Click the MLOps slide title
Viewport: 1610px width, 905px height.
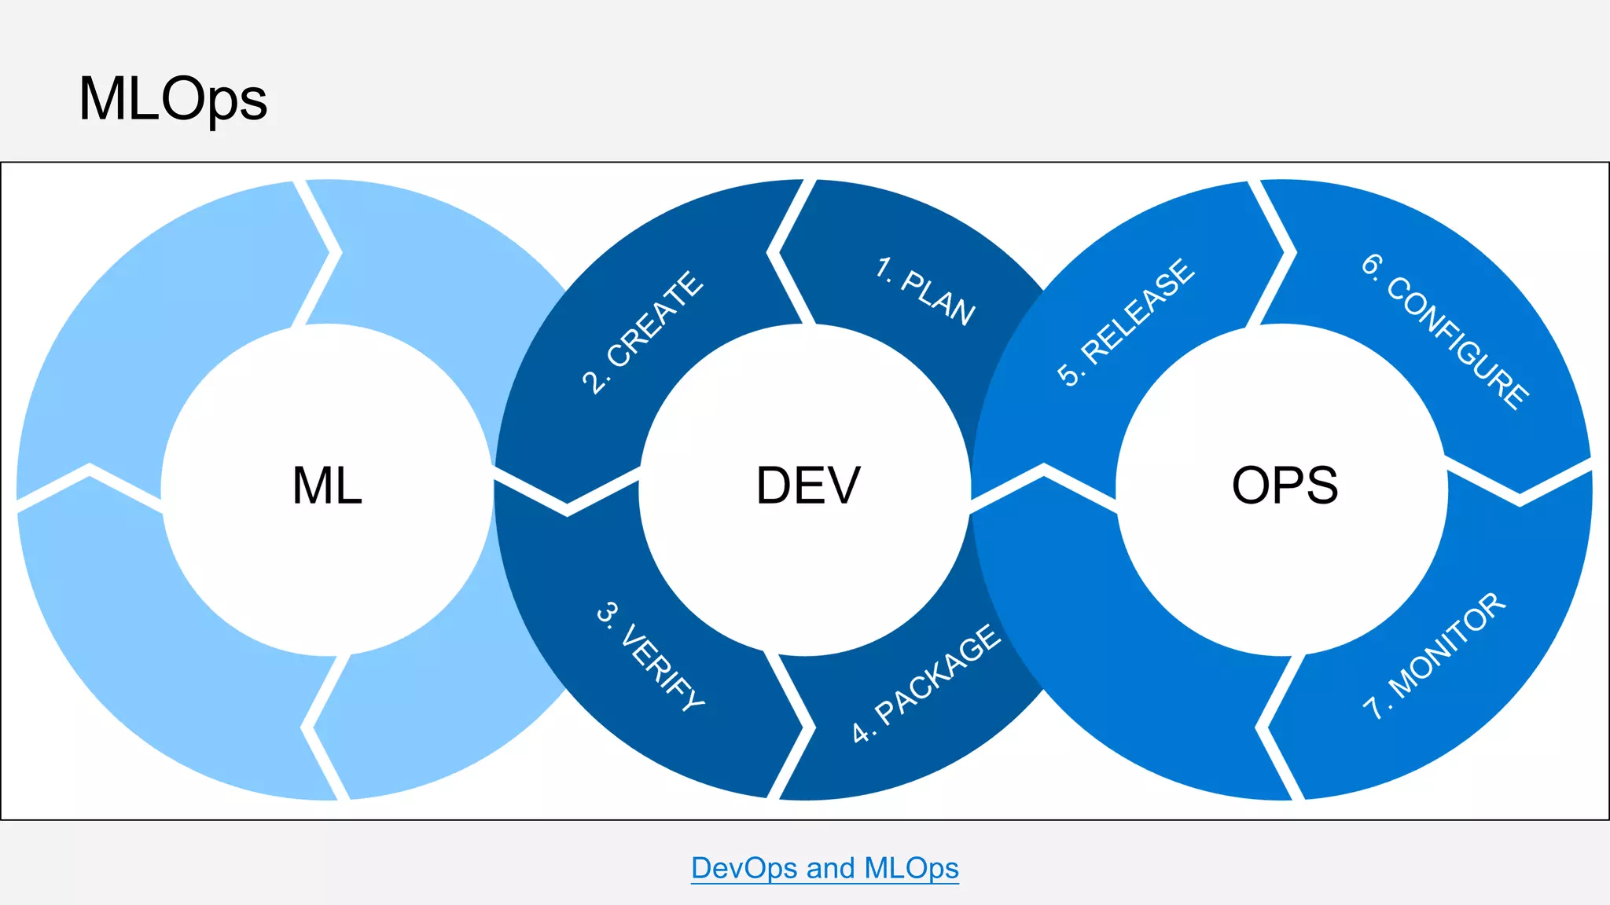[173, 100]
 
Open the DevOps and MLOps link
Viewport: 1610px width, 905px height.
[825, 868]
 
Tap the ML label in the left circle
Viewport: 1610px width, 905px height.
[327, 485]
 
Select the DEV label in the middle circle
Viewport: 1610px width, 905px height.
[808, 485]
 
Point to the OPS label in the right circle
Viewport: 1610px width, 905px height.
[1285, 485]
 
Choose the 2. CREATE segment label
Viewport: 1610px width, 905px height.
[642, 332]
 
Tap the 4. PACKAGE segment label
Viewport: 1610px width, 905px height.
[927, 683]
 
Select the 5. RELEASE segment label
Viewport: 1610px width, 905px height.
[1126, 322]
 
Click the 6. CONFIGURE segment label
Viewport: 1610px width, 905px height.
[1446, 331]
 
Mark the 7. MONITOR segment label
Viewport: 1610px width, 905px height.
[1434, 656]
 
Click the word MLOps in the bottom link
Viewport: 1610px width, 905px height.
[911, 868]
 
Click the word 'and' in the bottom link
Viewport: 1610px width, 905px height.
[830, 868]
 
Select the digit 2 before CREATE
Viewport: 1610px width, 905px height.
[593, 382]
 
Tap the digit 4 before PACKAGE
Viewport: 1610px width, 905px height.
[861, 732]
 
